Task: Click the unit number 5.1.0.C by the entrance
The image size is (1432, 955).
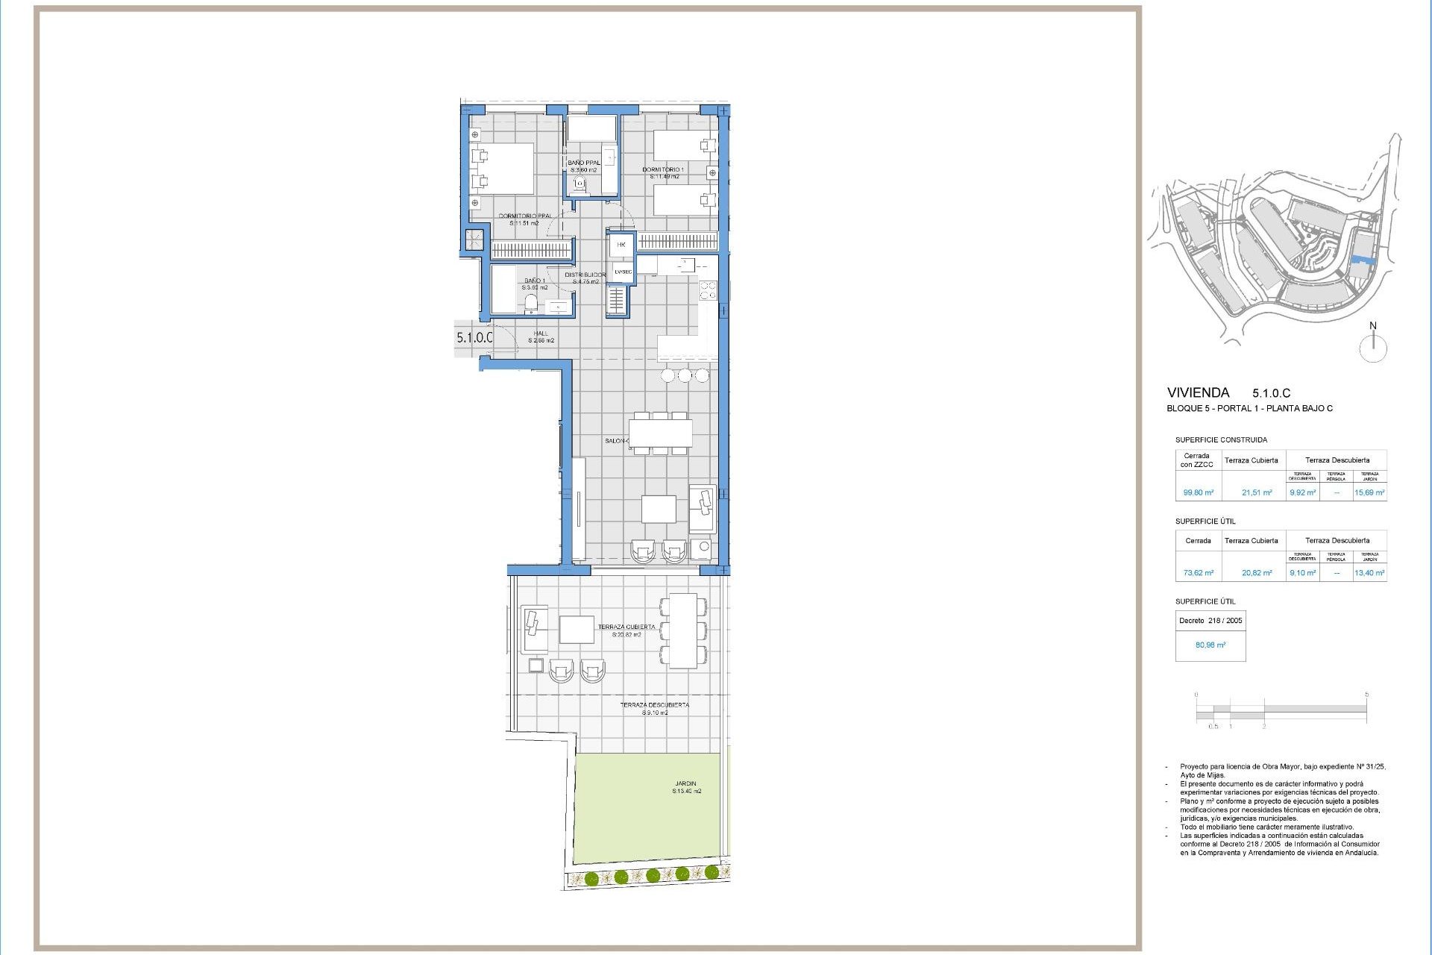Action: [x=474, y=337]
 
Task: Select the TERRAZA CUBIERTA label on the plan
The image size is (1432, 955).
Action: [x=626, y=627]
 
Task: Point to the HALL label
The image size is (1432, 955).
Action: [x=541, y=334]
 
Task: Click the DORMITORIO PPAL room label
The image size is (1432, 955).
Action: [x=525, y=216]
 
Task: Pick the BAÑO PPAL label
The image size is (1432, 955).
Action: [x=583, y=163]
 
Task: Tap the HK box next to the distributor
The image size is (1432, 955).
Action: [x=621, y=245]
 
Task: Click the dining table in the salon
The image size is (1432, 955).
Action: [x=660, y=433]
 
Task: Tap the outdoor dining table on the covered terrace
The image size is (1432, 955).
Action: [x=682, y=630]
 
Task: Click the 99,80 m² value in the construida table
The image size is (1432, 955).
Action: [x=1198, y=492]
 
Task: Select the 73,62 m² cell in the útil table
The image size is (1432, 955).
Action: [x=1198, y=573]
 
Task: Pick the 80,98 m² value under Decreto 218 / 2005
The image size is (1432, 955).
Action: [x=1210, y=645]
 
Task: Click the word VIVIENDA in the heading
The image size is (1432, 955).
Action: [x=1198, y=392]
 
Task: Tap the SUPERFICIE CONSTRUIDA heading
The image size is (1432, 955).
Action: [x=1221, y=440]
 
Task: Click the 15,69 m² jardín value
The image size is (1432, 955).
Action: [x=1369, y=492]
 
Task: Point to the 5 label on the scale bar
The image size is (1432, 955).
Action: [x=1366, y=695]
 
